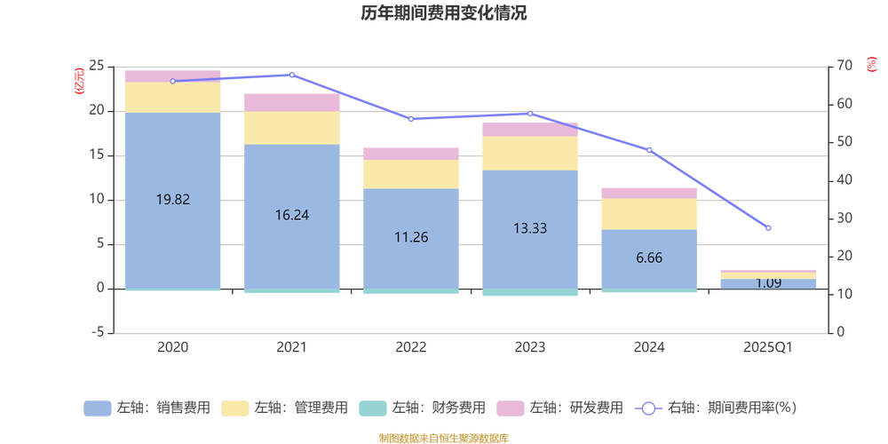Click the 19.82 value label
(172, 199)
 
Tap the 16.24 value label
(291, 214)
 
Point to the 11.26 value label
(410, 237)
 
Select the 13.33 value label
(529, 228)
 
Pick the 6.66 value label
(649, 258)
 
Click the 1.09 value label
(768, 283)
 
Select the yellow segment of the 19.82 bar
(172, 97)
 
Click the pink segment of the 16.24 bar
(291, 101)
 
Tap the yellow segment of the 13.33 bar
(529, 153)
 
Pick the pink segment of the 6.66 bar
(649, 193)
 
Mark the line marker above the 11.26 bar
(410, 119)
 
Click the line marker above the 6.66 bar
(649, 149)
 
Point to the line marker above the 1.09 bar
(768, 228)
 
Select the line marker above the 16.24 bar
(291, 75)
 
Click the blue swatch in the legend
(97, 408)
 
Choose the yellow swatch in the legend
(234, 408)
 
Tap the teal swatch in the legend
(372, 408)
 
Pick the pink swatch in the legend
(510, 408)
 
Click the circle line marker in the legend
(649, 408)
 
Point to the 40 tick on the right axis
(844, 179)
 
